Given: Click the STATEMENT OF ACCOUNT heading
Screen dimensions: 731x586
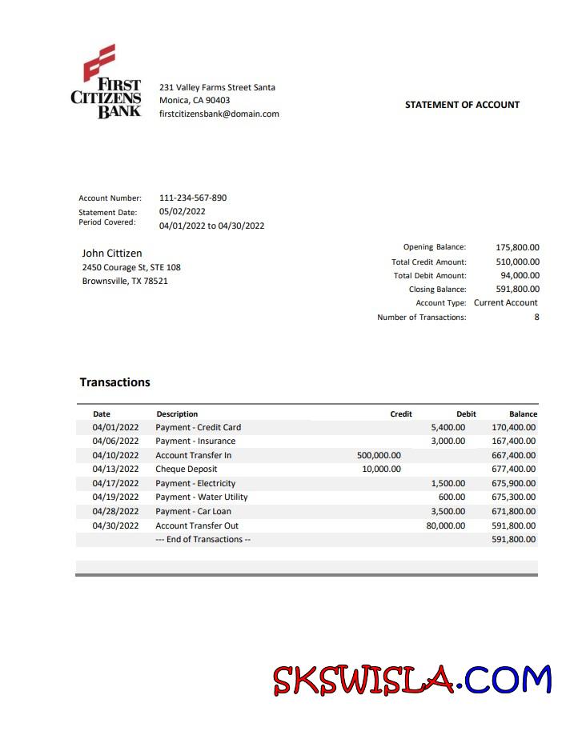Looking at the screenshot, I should click(x=462, y=105).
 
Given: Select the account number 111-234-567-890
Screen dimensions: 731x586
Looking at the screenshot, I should click(x=193, y=198).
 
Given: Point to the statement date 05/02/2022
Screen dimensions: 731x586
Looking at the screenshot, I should click(x=183, y=212).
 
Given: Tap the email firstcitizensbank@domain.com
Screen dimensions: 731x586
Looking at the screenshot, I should click(x=219, y=114).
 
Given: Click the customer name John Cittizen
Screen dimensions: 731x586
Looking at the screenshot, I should click(x=112, y=254).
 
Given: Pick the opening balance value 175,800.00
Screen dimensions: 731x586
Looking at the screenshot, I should click(x=517, y=248).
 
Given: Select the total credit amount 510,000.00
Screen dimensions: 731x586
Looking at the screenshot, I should click(x=517, y=262).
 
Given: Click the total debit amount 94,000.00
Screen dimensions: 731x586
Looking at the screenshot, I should click(x=520, y=275).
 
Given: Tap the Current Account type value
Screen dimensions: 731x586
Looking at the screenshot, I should click(x=506, y=303).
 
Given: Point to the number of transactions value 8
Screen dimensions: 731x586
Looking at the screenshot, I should click(x=536, y=317).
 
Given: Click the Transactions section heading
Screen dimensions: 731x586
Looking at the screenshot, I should click(x=114, y=382).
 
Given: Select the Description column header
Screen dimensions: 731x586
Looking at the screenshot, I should click(x=177, y=414).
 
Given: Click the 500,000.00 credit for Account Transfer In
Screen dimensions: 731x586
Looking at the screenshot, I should click(x=379, y=455).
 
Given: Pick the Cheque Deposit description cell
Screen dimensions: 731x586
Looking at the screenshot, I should click(x=187, y=469).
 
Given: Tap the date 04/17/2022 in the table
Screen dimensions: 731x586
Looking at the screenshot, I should click(x=115, y=483).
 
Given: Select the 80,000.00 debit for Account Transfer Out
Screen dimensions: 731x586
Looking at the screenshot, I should click(x=446, y=525).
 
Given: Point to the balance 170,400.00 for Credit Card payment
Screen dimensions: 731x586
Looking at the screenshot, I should click(x=513, y=427).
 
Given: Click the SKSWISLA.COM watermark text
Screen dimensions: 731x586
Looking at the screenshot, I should click(x=412, y=680).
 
